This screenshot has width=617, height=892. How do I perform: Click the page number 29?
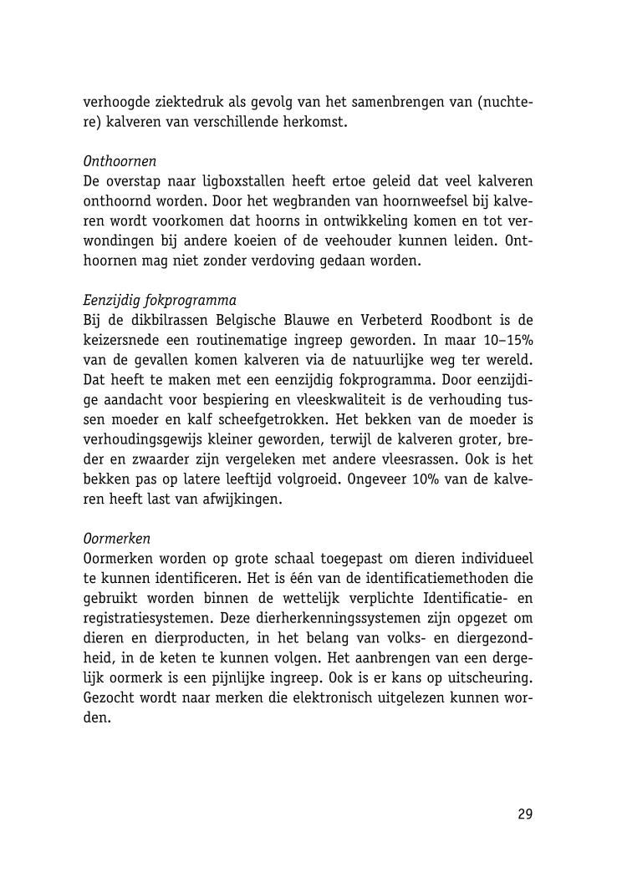tap(524, 814)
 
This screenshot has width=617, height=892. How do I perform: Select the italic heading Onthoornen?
tap(120, 160)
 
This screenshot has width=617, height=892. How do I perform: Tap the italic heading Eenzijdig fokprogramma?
tap(160, 300)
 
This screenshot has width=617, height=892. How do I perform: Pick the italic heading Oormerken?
tap(117, 539)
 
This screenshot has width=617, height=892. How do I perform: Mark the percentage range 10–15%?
tap(502, 341)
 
